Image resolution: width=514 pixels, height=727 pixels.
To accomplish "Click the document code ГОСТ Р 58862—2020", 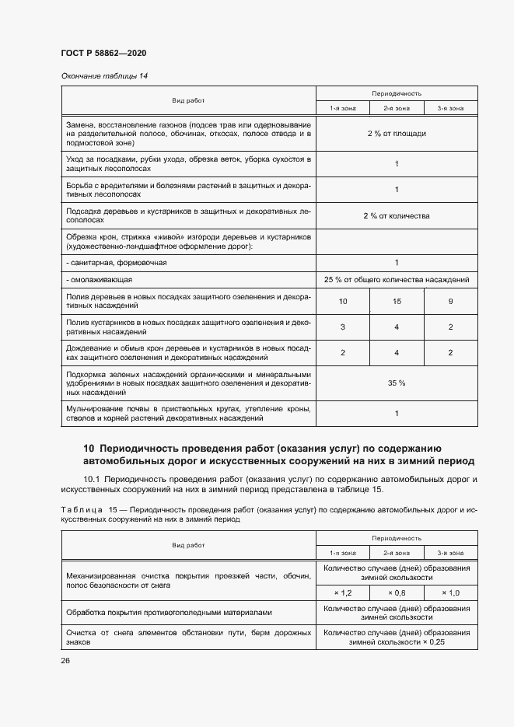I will (103, 53).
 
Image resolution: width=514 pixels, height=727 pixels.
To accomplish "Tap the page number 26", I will (65, 660).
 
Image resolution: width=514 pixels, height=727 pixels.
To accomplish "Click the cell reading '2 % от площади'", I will (397, 134).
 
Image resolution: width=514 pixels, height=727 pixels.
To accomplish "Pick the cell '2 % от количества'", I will (397, 215).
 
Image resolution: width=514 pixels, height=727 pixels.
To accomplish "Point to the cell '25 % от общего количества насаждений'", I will (397, 279).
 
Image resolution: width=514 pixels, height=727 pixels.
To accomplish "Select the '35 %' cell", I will (397, 383).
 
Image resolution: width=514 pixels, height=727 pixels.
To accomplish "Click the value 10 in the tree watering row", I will (343, 301).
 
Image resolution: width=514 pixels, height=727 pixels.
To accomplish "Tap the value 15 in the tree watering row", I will (397, 301).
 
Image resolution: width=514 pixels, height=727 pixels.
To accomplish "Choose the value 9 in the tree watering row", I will (450, 301).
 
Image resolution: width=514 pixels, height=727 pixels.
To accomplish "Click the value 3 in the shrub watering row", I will (343, 327).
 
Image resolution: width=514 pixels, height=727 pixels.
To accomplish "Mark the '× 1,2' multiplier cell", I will (343, 592).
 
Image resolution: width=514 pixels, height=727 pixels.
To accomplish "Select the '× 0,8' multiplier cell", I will (397, 592).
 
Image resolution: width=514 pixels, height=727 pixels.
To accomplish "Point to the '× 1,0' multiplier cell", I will (450, 592).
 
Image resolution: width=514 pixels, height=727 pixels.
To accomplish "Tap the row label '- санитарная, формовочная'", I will (117, 263).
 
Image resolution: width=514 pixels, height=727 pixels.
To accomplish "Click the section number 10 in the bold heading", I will (89, 449).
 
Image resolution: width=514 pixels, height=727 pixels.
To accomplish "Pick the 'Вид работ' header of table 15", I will (188, 545).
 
